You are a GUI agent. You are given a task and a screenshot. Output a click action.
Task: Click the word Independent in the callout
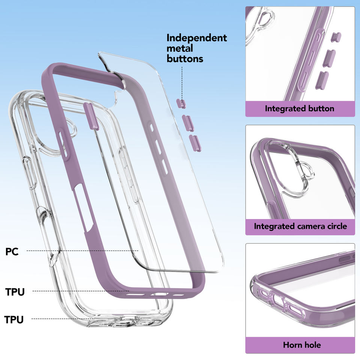tap(197, 38)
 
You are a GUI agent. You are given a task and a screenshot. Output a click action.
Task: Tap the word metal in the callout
tap(180, 48)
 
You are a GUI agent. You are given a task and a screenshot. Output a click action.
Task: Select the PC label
tap(12, 251)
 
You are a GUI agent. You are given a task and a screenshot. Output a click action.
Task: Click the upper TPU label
tap(15, 292)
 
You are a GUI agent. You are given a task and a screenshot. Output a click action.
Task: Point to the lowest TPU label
tap(14, 319)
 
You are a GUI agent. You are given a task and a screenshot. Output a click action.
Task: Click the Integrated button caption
tap(299, 109)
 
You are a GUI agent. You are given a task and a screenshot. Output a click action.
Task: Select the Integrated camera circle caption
tap(300, 226)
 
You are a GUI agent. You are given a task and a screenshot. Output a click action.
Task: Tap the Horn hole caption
tap(302, 345)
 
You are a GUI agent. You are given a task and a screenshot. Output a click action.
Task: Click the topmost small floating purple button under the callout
tap(181, 103)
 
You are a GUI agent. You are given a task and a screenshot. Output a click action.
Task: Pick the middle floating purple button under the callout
tap(188, 123)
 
